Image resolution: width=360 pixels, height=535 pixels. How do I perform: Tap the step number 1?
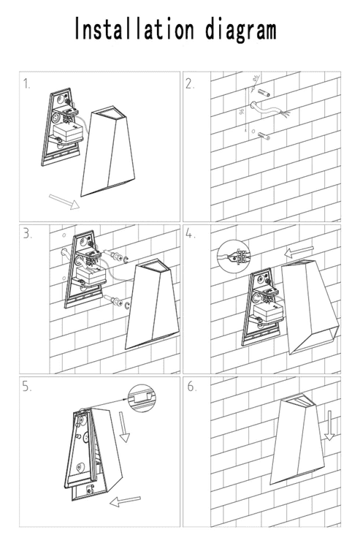pyautogui.click(x=27, y=83)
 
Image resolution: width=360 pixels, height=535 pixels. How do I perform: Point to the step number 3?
pyautogui.click(x=27, y=235)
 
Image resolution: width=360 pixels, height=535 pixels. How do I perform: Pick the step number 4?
pyautogui.click(x=191, y=235)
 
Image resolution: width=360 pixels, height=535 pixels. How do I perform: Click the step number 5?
pyautogui.click(x=27, y=387)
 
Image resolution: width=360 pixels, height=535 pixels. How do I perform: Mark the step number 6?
pyautogui.click(x=191, y=387)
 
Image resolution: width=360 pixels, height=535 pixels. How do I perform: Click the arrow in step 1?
pyautogui.click(x=64, y=200)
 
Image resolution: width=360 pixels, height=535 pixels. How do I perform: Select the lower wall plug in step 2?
pyautogui.click(x=264, y=136)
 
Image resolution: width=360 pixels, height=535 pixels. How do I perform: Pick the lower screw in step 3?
pyautogui.click(x=116, y=299)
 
